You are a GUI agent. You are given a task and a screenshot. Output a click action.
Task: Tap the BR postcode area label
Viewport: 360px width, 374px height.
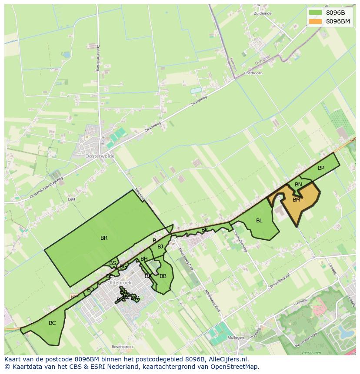pyautogui.click(x=104, y=238)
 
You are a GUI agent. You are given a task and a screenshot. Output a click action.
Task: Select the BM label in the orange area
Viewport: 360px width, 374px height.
pyautogui.click(x=297, y=200)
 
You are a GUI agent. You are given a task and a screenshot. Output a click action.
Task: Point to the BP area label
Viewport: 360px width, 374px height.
pyautogui.click(x=321, y=168)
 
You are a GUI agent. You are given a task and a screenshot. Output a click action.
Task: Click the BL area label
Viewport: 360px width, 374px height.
pyautogui.click(x=259, y=221)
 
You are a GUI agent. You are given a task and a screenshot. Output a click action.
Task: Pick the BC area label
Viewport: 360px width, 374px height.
pyautogui.click(x=52, y=323)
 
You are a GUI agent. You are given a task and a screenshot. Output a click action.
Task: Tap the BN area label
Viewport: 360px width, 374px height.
pyautogui.click(x=298, y=185)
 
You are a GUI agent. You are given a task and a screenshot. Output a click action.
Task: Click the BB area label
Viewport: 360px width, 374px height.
pyautogui.click(x=163, y=276)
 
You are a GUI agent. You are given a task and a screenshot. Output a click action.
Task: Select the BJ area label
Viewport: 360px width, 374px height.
pyautogui.click(x=160, y=247)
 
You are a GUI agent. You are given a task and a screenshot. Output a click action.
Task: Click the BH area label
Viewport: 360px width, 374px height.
pyautogui.click(x=144, y=259)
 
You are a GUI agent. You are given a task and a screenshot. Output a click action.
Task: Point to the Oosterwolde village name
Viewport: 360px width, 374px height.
pyautogui.click(x=100, y=156)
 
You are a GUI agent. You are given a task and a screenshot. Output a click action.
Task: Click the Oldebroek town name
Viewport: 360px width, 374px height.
pyautogui.click(x=119, y=282)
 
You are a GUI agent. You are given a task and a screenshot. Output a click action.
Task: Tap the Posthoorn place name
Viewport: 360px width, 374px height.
pyautogui.click(x=253, y=73)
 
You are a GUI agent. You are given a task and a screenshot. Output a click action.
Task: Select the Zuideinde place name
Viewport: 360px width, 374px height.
pyautogui.click(x=263, y=13)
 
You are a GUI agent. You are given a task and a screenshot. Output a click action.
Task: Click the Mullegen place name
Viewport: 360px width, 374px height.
pyautogui.click(x=236, y=338)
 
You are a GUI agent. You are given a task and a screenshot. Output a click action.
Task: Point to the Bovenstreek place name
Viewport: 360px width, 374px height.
pyautogui.click(x=122, y=347)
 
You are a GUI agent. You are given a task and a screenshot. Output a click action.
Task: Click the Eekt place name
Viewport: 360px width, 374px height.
pyautogui.click(x=72, y=199)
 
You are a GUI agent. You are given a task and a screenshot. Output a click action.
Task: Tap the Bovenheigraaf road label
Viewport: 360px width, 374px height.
pyautogui.click(x=280, y=281)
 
